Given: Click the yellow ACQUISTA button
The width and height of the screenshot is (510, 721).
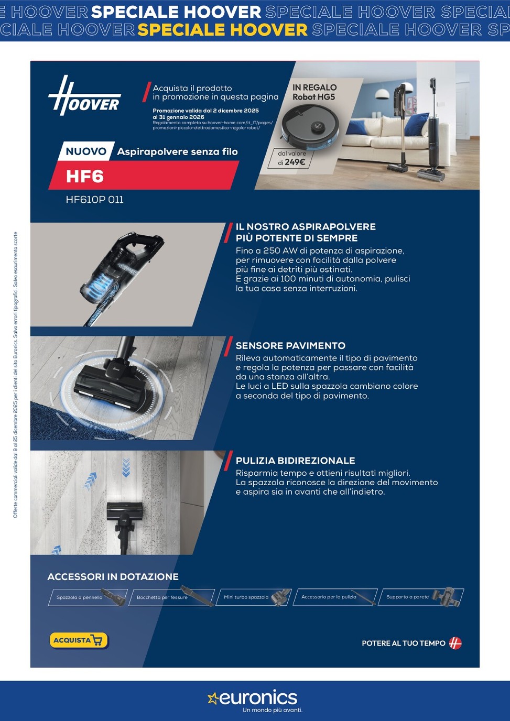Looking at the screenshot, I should click(x=79, y=640).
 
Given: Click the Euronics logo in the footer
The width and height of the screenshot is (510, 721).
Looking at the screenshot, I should click(x=254, y=698).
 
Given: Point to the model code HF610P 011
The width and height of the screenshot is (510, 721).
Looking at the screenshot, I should click(x=95, y=200).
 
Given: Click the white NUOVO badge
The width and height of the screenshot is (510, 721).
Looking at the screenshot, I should click(x=86, y=151).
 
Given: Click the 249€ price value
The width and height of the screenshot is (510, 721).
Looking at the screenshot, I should click(x=295, y=162).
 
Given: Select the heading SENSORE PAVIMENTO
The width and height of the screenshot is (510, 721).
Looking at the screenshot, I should click(x=290, y=346).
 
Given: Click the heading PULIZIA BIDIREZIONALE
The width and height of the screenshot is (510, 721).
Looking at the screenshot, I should click(x=295, y=461).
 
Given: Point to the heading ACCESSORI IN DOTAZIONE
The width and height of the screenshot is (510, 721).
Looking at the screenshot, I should click(x=113, y=576).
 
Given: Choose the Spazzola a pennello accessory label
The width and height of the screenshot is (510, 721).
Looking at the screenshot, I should click(x=80, y=597).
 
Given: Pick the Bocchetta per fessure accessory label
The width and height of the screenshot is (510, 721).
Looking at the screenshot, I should click(x=162, y=597).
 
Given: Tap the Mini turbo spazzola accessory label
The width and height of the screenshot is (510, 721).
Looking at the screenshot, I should click(x=246, y=597).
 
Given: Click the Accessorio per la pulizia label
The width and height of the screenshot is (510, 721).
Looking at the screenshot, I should click(x=329, y=597).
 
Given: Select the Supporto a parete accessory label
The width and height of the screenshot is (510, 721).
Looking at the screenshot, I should click(x=407, y=597).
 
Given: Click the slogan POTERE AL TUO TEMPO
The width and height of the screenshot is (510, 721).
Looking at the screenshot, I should click(x=403, y=643).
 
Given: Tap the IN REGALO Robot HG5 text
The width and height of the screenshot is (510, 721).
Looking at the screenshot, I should click(x=314, y=92).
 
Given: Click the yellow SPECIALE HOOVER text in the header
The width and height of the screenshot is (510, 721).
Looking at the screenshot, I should click(x=222, y=30).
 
